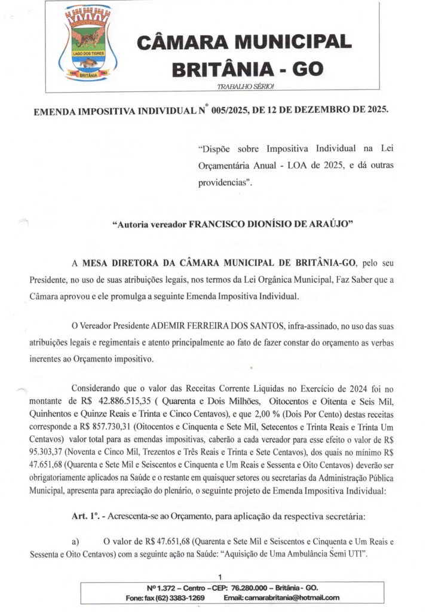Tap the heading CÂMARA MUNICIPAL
pos(244,42)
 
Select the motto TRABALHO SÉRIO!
pos(246,87)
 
